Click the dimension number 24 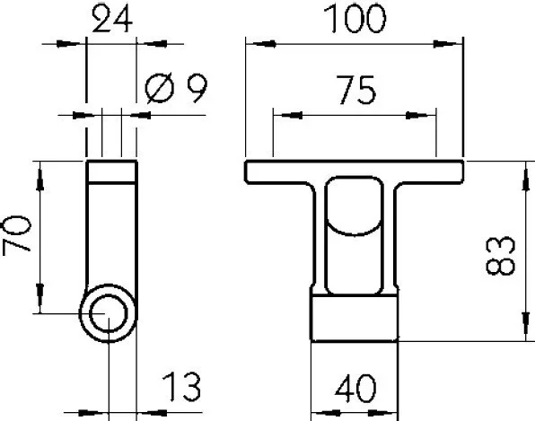[112, 20]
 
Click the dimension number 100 [355, 19]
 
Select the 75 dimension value [355, 90]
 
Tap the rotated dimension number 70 [17, 234]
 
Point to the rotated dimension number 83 [500, 256]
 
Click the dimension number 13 [181, 387]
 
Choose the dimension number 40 [355, 389]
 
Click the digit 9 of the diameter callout [197, 88]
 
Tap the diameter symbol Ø [160, 88]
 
